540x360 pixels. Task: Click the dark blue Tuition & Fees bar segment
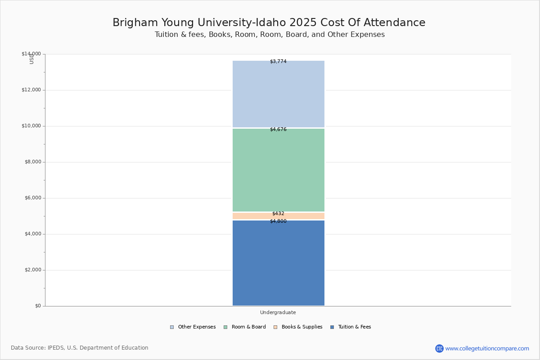point(278,265)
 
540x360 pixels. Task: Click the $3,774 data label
point(278,62)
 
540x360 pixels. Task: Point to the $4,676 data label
point(278,130)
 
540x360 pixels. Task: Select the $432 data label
point(278,214)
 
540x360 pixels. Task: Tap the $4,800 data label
point(278,221)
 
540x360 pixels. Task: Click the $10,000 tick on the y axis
point(31,126)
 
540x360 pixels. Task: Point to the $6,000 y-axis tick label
point(32,198)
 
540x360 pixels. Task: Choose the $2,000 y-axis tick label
point(32,270)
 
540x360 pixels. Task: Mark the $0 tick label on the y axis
point(38,306)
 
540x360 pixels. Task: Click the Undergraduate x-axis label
point(278,313)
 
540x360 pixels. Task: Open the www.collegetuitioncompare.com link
point(487,348)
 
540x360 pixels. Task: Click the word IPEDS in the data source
point(56,348)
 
